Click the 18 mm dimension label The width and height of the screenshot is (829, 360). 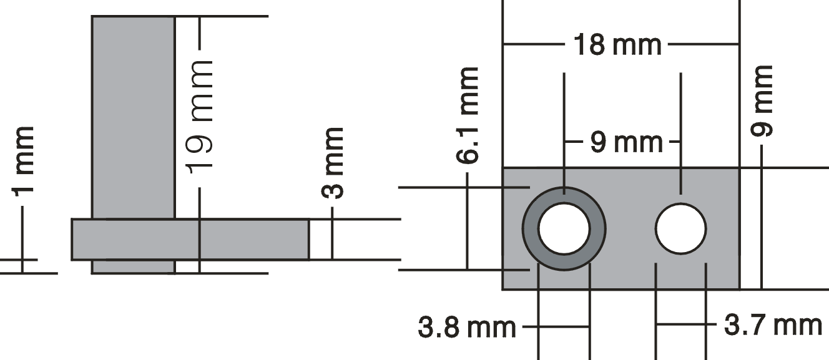point(617,45)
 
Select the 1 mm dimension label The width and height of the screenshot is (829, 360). point(23,162)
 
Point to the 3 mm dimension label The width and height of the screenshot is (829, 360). point(333,163)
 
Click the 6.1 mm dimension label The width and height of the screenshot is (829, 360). point(468,115)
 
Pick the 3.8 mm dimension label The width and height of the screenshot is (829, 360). point(467,327)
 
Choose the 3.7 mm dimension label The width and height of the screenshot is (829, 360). point(773,325)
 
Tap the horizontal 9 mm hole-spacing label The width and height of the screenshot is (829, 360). point(626,142)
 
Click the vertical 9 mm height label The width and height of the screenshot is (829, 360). point(762,100)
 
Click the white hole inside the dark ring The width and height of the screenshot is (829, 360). point(564,229)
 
